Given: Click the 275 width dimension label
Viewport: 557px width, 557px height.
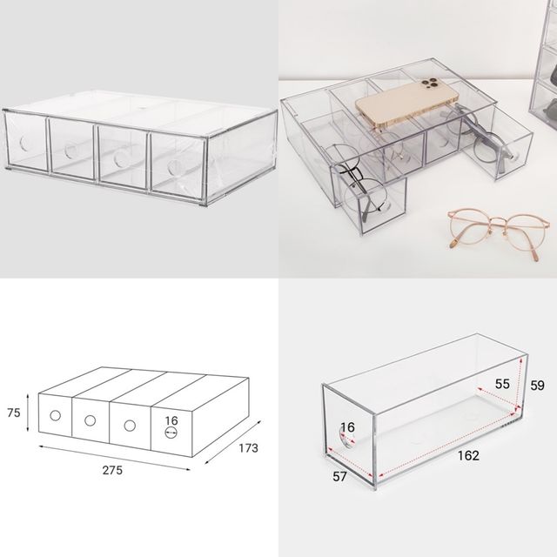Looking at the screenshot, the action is (112, 470).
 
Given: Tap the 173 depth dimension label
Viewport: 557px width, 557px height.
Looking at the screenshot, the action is (248, 448).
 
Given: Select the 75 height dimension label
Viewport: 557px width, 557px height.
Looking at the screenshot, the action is (14, 413).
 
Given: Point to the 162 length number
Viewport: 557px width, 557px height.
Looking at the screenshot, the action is (468, 455).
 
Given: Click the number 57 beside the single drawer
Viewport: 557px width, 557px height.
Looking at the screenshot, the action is (339, 476).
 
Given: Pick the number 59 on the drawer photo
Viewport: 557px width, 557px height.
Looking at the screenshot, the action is (537, 385).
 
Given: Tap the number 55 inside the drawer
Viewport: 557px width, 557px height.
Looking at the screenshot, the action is (502, 384).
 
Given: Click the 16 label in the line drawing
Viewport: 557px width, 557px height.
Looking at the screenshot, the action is (171, 420).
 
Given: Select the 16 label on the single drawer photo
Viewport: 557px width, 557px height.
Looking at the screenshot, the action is (347, 427).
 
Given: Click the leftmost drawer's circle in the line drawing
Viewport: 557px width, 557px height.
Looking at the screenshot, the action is (55, 415).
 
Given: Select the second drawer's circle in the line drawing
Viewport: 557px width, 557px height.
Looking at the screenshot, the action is (90, 420).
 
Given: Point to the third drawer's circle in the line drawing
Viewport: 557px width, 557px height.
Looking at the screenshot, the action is (130, 426).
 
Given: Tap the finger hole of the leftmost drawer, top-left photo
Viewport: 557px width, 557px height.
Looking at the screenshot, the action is (24, 143).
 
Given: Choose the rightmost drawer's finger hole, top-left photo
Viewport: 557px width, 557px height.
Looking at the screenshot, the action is (174, 168).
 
